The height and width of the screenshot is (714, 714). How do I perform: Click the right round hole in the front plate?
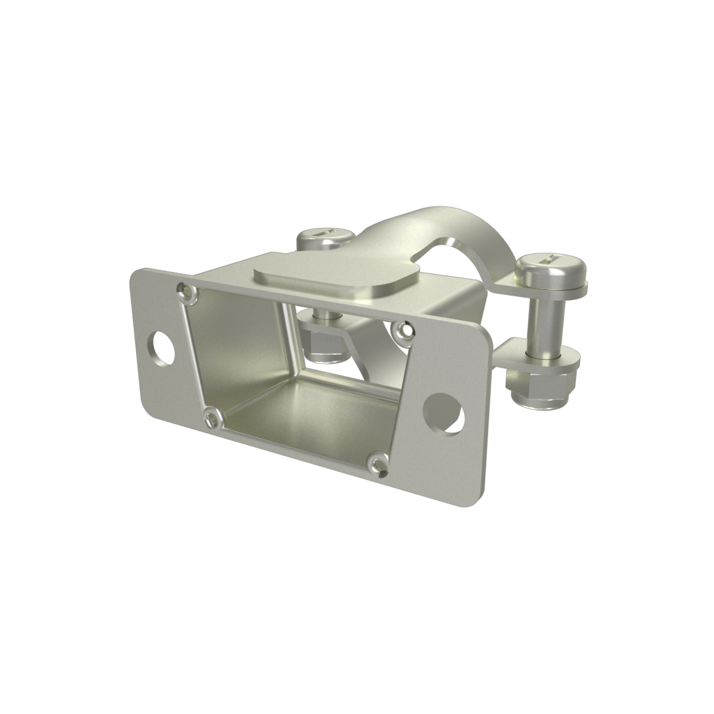[444, 413]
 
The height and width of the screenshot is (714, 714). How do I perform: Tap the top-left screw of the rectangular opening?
[185, 291]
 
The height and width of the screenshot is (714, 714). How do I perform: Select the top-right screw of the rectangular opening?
[402, 331]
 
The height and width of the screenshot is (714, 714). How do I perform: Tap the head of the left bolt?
[324, 239]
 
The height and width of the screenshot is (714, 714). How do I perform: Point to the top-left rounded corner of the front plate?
[139, 274]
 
